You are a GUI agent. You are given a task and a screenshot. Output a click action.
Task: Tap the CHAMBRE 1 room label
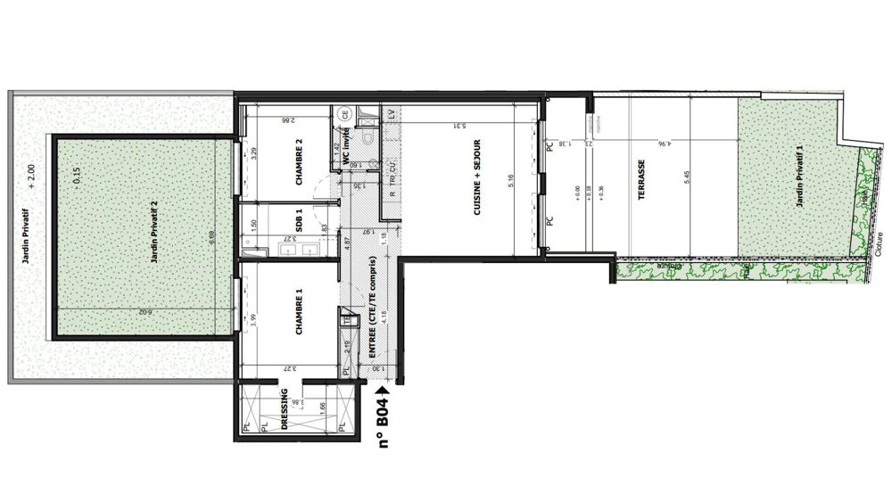[300, 317]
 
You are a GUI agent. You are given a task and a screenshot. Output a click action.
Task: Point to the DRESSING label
[284, 411]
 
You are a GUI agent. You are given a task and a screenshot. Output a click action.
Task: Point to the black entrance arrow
[385, 388]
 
